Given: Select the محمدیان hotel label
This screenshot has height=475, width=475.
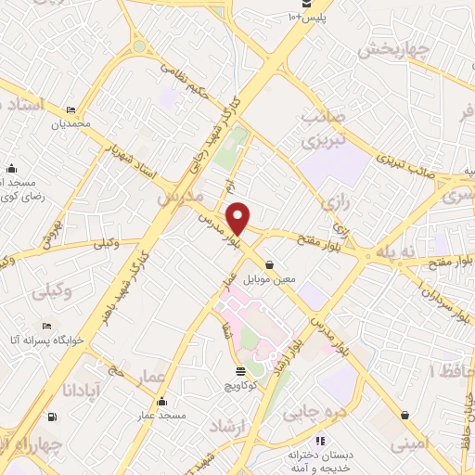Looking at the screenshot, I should point(72,122).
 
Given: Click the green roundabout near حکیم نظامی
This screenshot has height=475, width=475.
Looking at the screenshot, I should point(139,45).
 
